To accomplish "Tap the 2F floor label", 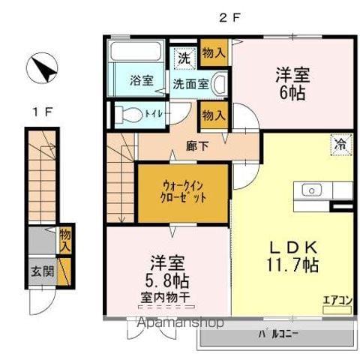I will coord(229,17).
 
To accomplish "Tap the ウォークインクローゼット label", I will coord(181,193).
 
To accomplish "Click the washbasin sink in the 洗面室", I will coord(218,84).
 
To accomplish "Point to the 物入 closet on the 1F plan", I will coord(66,239).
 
